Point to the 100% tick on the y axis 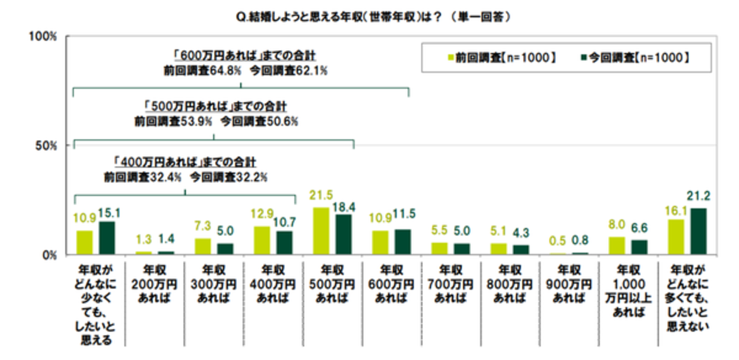point(42,36)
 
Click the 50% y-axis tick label point(46,146)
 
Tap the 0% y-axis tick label point(49,255)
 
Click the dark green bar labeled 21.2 point(698,232)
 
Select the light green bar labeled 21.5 point(321,231)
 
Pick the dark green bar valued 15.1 point(107,238)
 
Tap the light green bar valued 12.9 point(262,240)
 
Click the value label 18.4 point(344,207)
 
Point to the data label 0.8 point(580,240)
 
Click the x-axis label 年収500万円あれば point(332,284)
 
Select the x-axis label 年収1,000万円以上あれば point(628,291)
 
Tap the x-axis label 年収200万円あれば point(154,284)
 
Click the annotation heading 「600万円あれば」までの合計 point(244,56)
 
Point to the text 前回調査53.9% point(173,122)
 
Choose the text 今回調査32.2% point(229,177)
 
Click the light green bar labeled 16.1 point(676,237)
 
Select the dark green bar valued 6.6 point(639,247)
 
